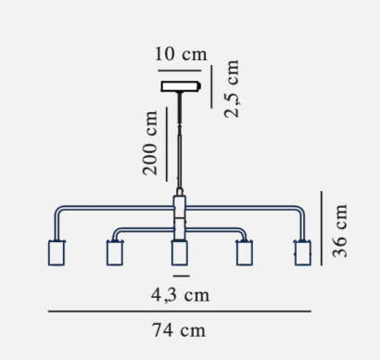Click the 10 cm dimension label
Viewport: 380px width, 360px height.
coord(181,54)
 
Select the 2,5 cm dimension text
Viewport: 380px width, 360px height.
coord(232,89)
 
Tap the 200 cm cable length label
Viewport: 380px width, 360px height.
coord(150,143)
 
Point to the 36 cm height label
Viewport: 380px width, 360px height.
coord(339,231)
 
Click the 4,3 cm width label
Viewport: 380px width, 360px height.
coord(181,295)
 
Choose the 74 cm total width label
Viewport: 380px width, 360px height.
coord(179,330)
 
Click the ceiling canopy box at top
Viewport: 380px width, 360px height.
coord(181,86)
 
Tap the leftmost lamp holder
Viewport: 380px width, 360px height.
coord(57,252)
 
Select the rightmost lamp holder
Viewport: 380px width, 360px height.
coord(303,252)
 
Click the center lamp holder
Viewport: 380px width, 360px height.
coord(180,252)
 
